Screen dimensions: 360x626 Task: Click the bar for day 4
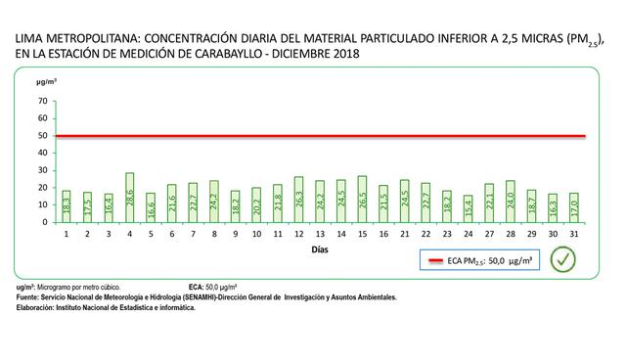[x=130, y=198]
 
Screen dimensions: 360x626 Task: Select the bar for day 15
[x=362, y=200]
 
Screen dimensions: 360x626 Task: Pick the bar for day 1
[x=67, y=206]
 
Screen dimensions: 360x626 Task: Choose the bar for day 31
[x=574, y=207]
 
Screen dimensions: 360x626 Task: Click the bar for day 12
[x=298, y=200]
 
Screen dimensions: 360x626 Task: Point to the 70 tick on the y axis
[x=42, y=101]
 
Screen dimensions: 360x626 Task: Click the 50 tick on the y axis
[x=42, y=136]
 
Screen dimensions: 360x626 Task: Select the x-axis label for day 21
[x=404, y=235]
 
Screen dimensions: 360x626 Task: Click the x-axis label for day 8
[x=214, y=235]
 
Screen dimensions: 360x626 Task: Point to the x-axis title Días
[x=320, y=250]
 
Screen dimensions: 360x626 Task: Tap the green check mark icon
[x=560, y=259]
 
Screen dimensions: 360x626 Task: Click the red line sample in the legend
[x=435, y=260]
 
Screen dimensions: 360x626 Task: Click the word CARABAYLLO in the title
[x=241, y=52]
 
